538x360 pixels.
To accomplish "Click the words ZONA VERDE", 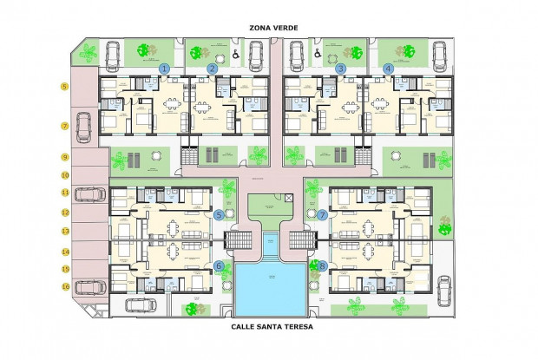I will tap(273, 28).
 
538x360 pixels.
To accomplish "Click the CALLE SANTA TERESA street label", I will tap(272, 328).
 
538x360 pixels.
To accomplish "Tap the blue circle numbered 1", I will tap(165, 68).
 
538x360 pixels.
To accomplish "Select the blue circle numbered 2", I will tap(213, 68).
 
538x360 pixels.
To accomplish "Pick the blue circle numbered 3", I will tap(340, 68).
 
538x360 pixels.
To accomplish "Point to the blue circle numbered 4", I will tap(388, 68).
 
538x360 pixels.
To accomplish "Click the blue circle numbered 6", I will tap(219, 266).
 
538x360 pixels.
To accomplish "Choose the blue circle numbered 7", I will tap(322, 214).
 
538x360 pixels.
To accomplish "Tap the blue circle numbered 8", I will tap(322, 266).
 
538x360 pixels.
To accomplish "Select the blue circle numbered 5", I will tap(219, 214).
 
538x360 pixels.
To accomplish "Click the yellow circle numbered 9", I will tap(65, 157).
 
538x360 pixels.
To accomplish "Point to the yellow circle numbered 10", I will tap(65, 174).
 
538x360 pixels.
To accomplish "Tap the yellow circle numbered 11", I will tap(65, 193).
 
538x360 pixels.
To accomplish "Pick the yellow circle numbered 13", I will tap(65, 232).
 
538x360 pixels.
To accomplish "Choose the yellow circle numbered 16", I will tap(65, 285).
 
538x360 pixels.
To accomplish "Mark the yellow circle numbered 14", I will tap(65, 252).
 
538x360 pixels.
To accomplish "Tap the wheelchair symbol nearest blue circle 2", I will tap(235, 54).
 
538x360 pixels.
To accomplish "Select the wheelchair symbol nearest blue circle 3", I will tap(317, 54).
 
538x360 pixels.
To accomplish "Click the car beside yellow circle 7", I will tap(85, 128).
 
